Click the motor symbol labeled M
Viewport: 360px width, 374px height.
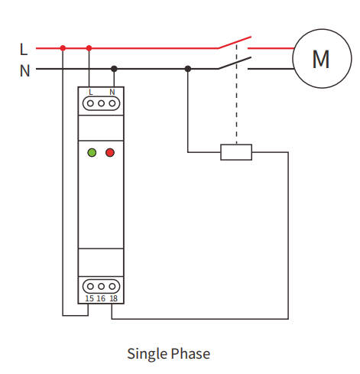pyautogui.click(x=320, y=58)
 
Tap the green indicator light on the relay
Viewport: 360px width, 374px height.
pyautogui.click(x=92, y=153)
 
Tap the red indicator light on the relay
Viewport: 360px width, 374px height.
pyautogui.click(x=110, y=153)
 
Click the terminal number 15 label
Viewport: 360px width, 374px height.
pyautogui.click(x=89, y=298)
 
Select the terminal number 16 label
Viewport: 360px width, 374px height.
pyautogui.click(x=101, y=298)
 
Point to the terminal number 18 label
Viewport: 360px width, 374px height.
pyautogui.click(x=113, y=298)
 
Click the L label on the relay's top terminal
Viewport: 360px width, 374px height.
pyautogui.click(x=91, y=92)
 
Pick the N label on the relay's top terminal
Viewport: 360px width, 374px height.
pyautogui.click(x=112, y=92)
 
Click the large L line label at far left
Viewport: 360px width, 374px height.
pyautogui.click(x=24, y=49)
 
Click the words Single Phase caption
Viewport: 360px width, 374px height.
pyautogui.click(x=168, y=353)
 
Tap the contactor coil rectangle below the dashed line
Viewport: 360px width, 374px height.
pyautogui.click(x=236, y=152)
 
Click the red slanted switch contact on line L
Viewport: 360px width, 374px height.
pyautogui.click(x=234, y=41)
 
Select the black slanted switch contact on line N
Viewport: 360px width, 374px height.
pyautogui.click(x=234, y=63)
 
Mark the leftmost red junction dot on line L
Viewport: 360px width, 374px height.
pyautogui.click(x=63, y=48)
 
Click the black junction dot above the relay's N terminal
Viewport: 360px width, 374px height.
pyautogui.click(x=114, y=69)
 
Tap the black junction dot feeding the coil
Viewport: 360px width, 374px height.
pyautogui.click(x=188, y=69)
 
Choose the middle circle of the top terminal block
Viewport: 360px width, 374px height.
pyautogui.click(x=101, y=102)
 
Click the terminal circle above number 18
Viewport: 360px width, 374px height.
pyautogui.click(x=113, y=286)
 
